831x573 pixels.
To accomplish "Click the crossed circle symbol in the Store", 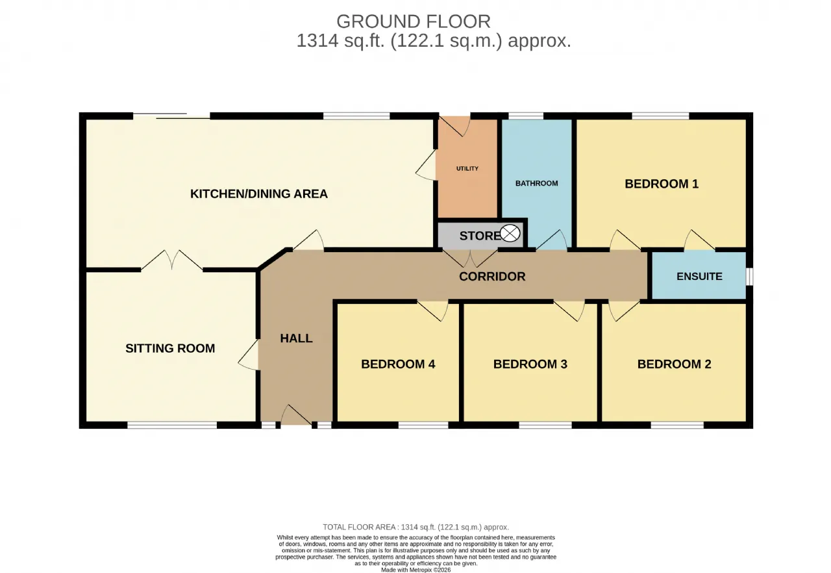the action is pyautogui.click(x=510, y=233).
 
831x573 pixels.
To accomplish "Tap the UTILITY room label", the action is pyautogui.click(x=467, y=168).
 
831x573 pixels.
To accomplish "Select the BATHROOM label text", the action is pyautogui.click(x=536, y=183).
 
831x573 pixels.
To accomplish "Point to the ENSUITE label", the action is pyautogui.click(x=699, y=277).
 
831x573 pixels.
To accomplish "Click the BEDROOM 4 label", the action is pyautogui.click(x=398, y=364).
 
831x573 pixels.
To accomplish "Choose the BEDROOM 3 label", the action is pyautogui.click(x=530, y=364).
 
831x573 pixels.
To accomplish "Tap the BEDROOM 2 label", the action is pyautogui.click(x=674, y=364).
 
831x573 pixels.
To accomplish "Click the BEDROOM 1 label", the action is pyautogui.click(x=662, y=184).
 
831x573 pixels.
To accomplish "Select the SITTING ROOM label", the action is pyautogui.click(x=170, y=348).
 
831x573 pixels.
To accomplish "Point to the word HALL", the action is pyautogui.click(x=296, y=338).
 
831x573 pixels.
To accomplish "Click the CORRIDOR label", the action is pyautogui.click(x=492, y=277).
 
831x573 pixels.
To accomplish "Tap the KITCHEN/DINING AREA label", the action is pyautogui.click(x=258, y=194).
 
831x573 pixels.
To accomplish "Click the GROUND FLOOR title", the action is pyautogui.click(x=414, y=21).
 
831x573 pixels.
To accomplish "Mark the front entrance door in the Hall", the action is pyautogui.click(x=296, y=415).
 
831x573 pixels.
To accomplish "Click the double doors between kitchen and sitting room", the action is pyautogui.click(x=172, y=259).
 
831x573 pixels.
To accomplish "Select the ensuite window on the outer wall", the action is pyautogui.click(x=749, y=277).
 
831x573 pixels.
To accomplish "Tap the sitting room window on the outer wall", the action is pyautogui.click(x=172, y=425).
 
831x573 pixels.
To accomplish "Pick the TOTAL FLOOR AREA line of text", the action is pyautogui.click(x=415, y=527).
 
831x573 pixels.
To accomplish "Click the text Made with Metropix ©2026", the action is pyautogui.click(x=415, y=570).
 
